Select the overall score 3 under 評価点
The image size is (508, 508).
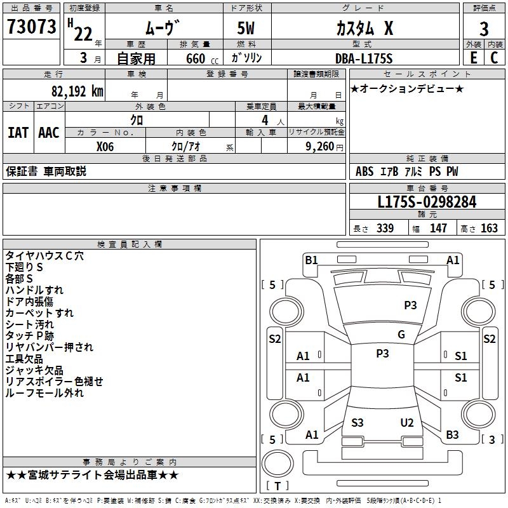tap(484, 29)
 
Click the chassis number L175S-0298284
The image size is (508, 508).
tap(427, 202)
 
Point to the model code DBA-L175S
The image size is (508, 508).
tap(364, 58)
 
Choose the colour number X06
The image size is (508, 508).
tap(105, 146)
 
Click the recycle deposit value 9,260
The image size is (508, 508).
tap(319, 147)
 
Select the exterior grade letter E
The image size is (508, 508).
tap(473, 58)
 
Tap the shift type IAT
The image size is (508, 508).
tap(18, 133)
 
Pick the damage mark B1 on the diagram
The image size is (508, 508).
tap(311, 260)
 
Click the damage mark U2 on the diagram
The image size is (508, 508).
tap(407, 422)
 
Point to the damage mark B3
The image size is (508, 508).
tap(452, 435)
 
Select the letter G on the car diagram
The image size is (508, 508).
tap(401, 335)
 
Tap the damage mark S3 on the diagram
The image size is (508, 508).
tap(358, 422)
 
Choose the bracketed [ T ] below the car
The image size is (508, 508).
tap(277, 486)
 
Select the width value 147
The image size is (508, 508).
tap(438, 229)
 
